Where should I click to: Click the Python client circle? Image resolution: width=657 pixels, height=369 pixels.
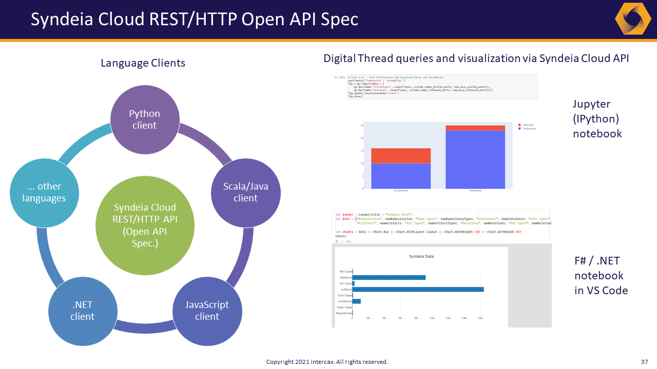(145, 119)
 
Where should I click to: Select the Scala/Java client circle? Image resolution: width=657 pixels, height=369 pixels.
(245, 192)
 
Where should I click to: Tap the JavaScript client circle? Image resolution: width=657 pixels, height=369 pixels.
(207, 311)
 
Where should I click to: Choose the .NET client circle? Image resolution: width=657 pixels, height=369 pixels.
(82, 311)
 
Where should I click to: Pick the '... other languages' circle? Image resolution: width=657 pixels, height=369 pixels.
(44, 192)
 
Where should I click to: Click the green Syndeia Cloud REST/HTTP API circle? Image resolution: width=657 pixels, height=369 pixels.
(145, 225)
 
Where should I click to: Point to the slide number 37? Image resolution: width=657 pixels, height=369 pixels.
(645, 362)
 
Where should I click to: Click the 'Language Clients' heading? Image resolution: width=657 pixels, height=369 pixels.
(143, 63)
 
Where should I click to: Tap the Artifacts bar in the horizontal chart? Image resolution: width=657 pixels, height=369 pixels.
(418, 290)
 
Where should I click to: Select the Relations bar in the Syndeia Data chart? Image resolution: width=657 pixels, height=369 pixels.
(389, 278)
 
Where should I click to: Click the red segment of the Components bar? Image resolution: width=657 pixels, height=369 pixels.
(401, 156)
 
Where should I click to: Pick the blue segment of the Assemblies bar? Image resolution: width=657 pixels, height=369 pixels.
(475, 159)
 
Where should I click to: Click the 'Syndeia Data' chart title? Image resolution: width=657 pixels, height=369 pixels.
(421, 256)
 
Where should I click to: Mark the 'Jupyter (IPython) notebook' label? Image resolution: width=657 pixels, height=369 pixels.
(597, 119)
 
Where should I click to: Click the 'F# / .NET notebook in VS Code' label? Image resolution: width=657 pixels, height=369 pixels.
(601, 276)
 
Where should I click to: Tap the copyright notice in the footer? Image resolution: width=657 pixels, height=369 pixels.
(327, 362)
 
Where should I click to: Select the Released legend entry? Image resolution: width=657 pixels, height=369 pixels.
(527, 125)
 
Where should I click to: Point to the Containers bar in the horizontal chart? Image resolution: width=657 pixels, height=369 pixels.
(356, 301)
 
